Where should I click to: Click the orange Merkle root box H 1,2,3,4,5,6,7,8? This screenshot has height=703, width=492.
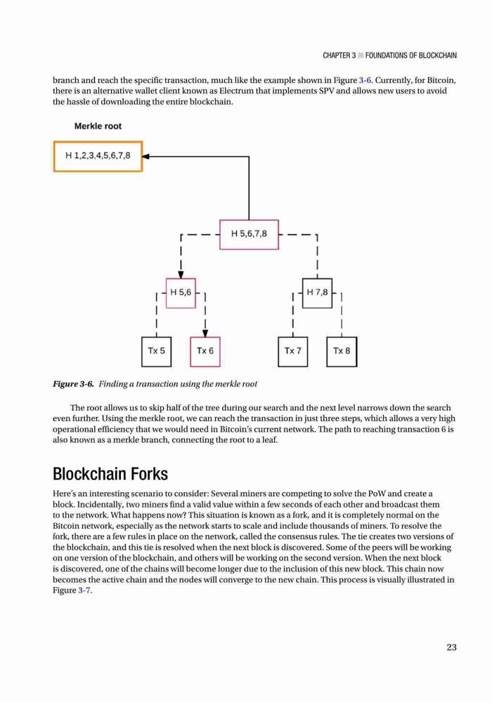tap(98, 156)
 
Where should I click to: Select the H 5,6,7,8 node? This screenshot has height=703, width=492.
tap(249, 234)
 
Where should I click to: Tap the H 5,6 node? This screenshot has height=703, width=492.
tap(181, 292)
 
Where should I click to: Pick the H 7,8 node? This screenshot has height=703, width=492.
tap(317, 292)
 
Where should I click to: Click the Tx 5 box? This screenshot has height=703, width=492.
tap(156, 351)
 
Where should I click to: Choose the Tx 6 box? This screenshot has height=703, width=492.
tap(205, 351)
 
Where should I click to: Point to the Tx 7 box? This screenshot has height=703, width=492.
tap(292, 351)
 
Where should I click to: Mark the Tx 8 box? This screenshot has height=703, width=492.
tap(342, 351)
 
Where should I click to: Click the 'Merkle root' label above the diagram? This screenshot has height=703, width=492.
tap(98, 127)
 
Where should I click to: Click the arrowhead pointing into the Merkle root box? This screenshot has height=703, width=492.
tap(146, 157)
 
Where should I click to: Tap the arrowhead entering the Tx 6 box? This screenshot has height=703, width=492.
tap(205, 333)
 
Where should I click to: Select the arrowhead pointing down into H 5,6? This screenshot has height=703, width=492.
tap(181, 275)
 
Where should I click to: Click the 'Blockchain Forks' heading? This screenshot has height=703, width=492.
tap(110, 473)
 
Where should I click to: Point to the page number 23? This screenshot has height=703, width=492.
tap(452, 647)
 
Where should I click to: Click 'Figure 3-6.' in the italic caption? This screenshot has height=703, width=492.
tap(74, 384)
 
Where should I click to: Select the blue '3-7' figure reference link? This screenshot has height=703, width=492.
tap(84, 590)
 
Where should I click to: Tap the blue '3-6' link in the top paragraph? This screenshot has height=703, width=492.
tap(365, 80)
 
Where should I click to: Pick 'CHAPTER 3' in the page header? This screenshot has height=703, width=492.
tap(339, 56)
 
